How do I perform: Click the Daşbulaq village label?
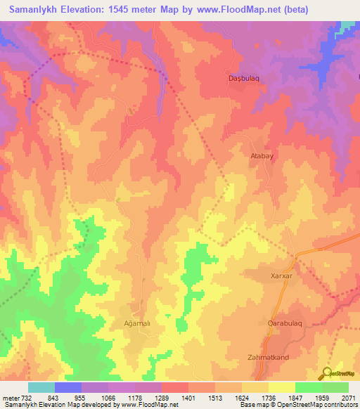coord(244,77)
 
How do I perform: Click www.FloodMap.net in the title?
coord(236,9)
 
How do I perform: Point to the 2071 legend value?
coord(348,397)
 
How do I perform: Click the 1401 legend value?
coord(189,397)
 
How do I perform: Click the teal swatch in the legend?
coord(41,387)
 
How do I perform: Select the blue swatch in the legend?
coord(68,387)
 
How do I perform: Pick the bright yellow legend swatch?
coord(281,387)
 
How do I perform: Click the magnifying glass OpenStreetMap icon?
coord(327,372)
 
